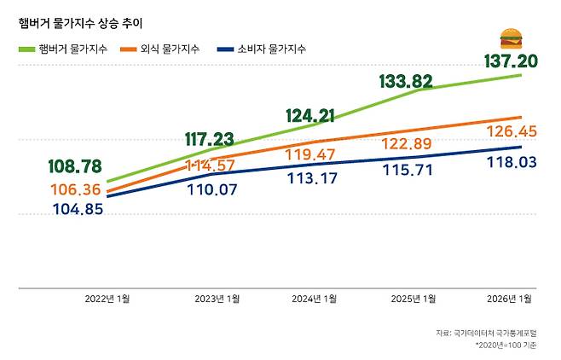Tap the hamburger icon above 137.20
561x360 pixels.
(x=512, y=39)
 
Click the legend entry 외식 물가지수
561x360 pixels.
(x=163, y=49)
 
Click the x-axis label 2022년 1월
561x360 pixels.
(x=107, y=299)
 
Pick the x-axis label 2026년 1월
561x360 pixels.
(x=509, y=299)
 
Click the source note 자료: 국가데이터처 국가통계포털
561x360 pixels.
(x=487, y=332)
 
